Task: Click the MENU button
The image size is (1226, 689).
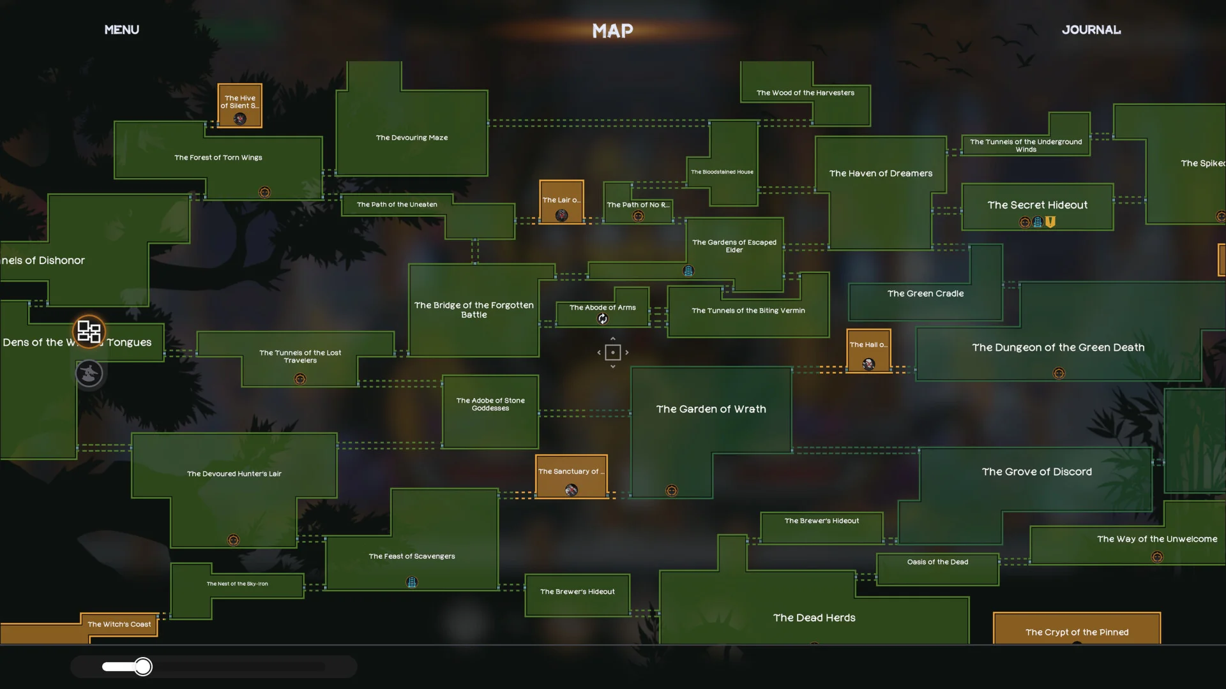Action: click(x=121, y=30)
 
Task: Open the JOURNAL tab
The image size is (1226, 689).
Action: click(x=1091, y=30)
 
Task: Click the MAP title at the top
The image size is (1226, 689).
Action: click(x=612, y=31)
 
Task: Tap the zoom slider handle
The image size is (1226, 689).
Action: click(x=143, y=667)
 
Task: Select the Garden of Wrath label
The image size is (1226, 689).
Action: click(x=711, y=409)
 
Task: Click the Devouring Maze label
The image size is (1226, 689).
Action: click(x=412, y=138)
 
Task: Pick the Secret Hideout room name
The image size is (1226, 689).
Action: click(x=1037, y=205)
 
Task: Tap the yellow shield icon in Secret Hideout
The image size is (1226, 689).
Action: click(x=1050, y=222)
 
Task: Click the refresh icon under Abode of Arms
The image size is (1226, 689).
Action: click(x=602, y=319)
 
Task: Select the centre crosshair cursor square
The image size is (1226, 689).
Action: click(x=612, y=352)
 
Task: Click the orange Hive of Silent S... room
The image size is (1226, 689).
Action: click(x=239, y=105)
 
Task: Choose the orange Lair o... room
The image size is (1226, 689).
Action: click(x=561, y=202)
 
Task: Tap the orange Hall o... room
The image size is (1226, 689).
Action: click(x=868, y=351)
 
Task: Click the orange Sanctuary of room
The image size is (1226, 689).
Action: click(x=571, y=477)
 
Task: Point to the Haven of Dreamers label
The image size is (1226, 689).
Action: click(x=881, y=174)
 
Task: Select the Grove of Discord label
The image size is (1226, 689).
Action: click(x=1036, y=472)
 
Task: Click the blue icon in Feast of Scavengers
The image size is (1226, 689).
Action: click(x=412, y=582)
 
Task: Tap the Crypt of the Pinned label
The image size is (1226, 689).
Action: click(x=1077, y=632)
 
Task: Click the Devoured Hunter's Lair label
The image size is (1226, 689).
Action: click(x=234, y=474)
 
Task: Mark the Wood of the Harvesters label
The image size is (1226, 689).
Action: click(x=805, y=93)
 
